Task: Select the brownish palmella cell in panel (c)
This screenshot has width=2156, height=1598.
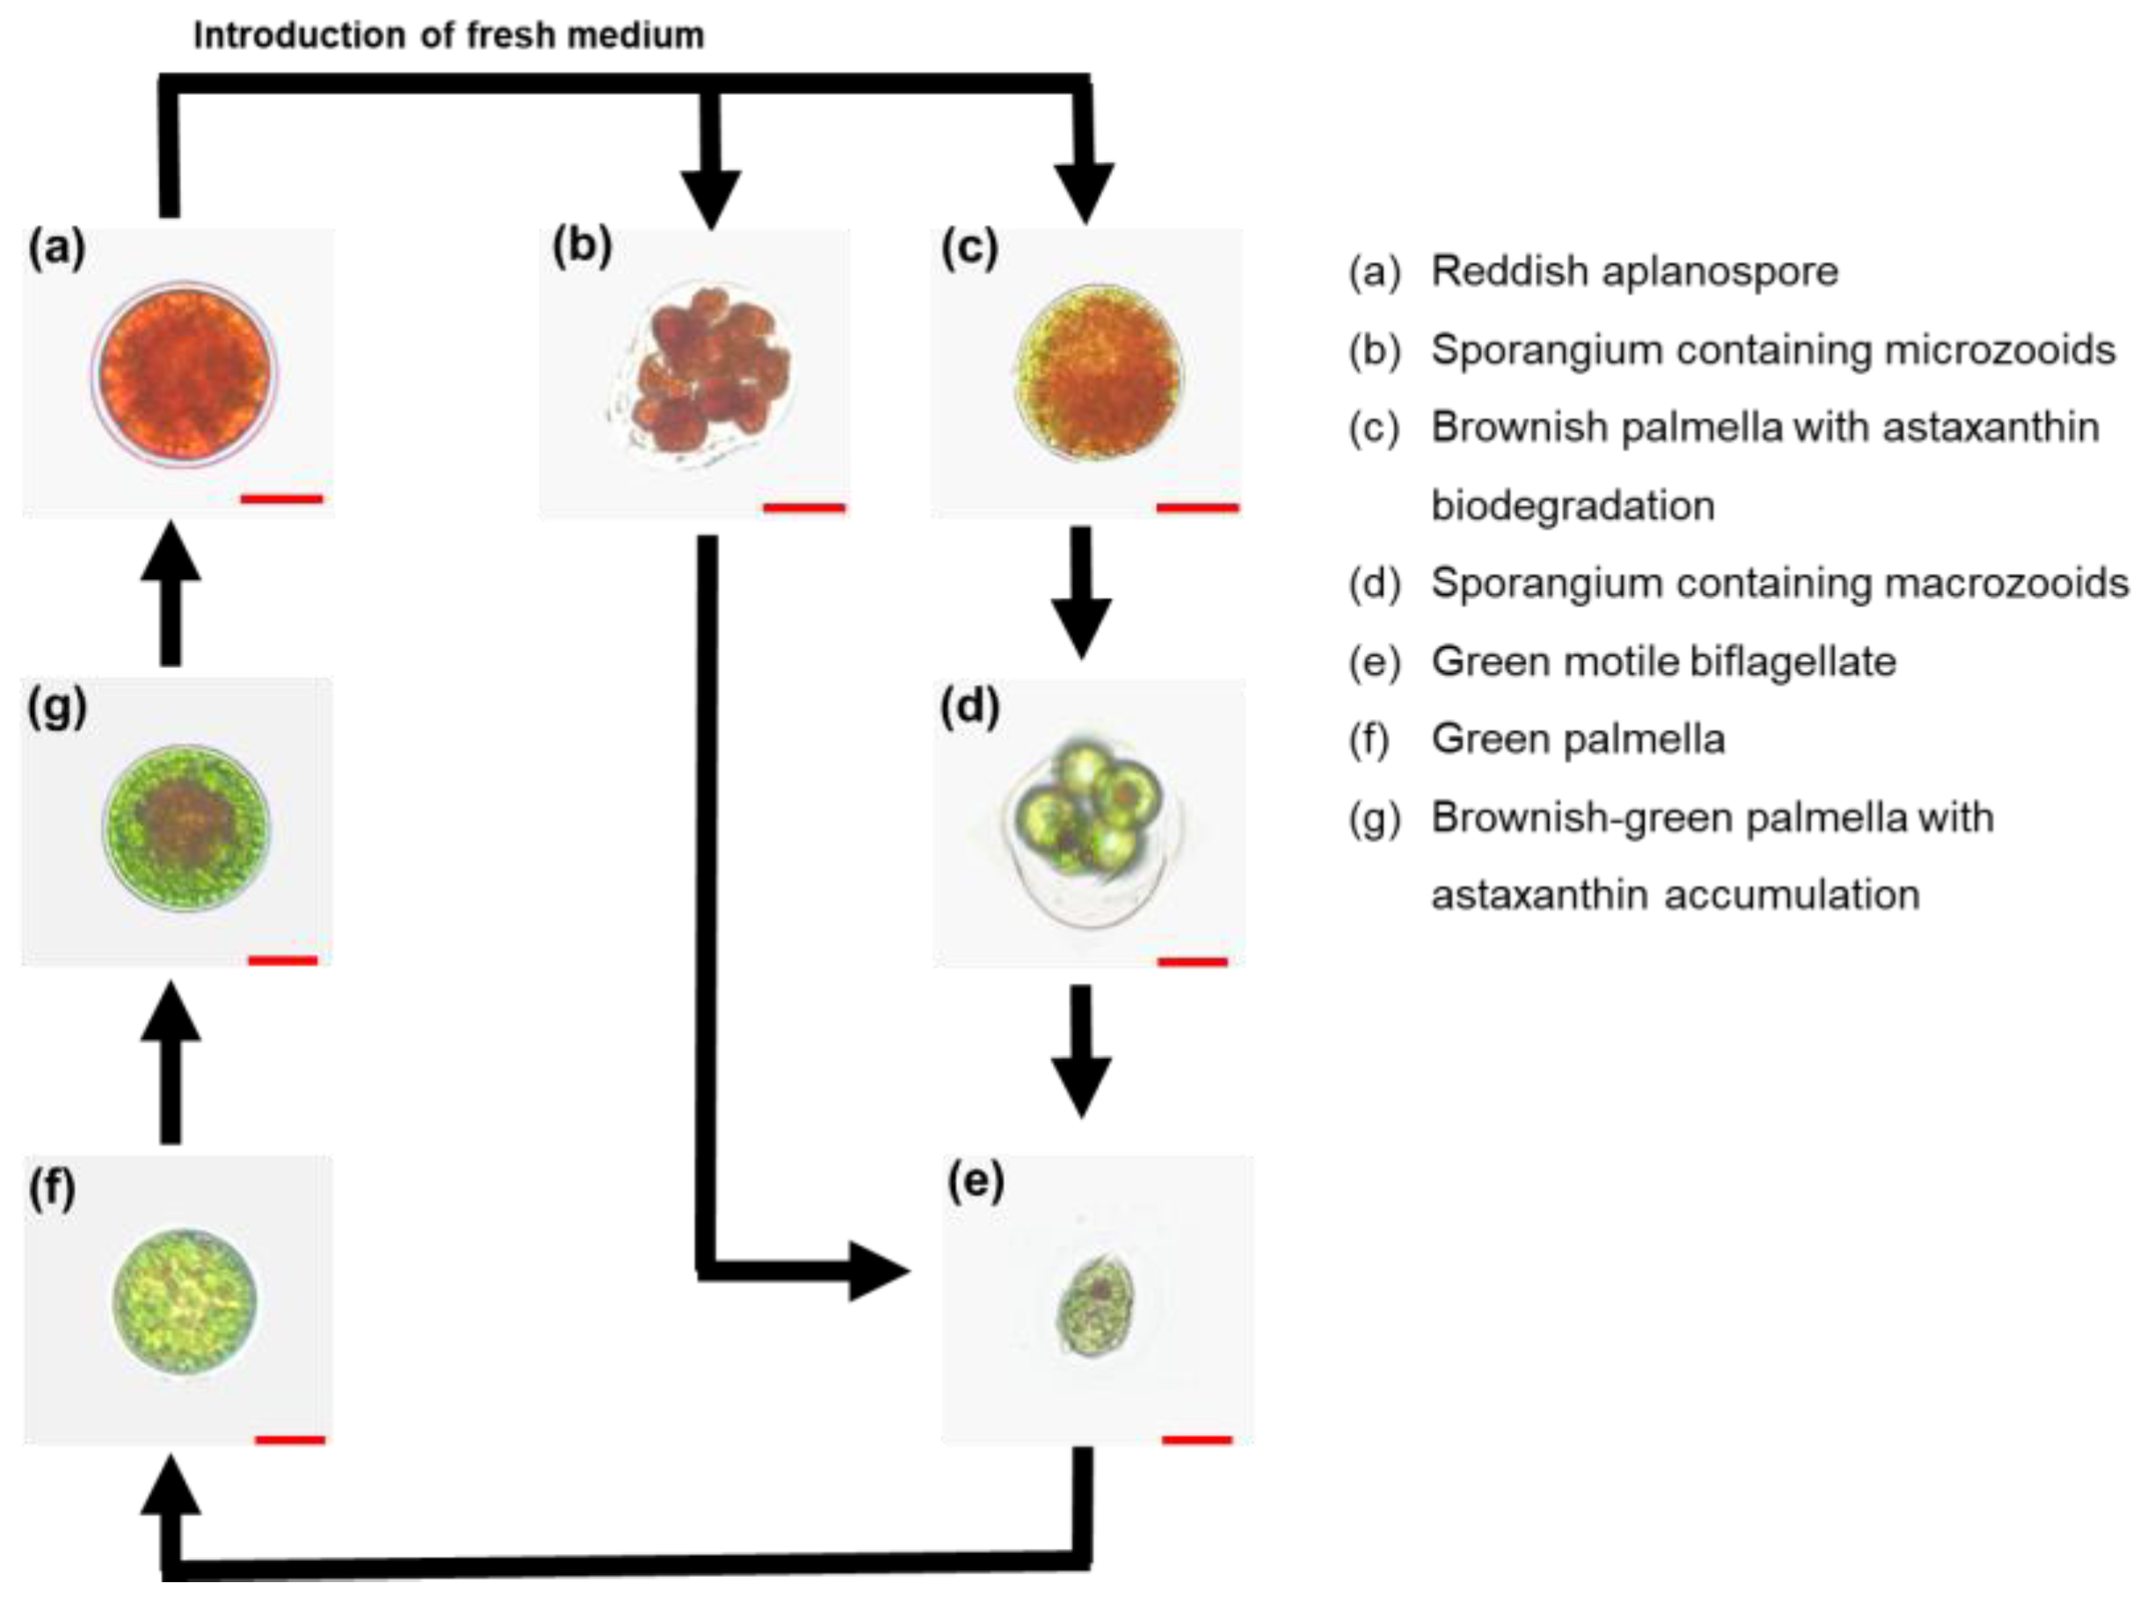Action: pos(1098,373)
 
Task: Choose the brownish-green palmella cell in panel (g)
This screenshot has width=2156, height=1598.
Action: pos(185,827)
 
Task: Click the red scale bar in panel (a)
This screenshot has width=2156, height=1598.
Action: pos(281,499)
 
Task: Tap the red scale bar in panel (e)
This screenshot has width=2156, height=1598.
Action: pos(1196,1441)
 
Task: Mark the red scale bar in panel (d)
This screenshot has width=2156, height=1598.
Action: pos(1192,962)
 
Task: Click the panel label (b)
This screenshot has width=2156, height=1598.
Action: pos(582,248)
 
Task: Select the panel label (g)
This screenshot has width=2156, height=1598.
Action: pos(57,709)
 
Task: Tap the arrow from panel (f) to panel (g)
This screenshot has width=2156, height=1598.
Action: pos(171,1064)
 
